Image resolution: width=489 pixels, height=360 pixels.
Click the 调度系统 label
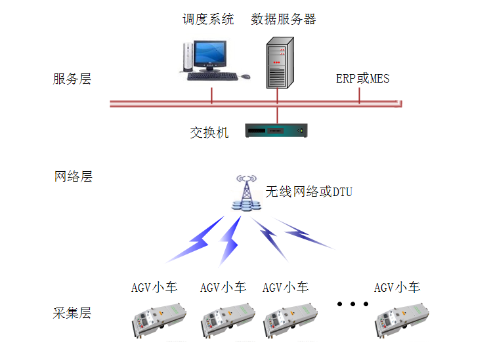[x=208, y=19]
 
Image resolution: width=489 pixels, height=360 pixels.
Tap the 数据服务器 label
[x=283, y=19]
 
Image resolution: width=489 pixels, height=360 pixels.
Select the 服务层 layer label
[x=72, y=79]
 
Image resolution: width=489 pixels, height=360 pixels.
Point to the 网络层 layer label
[x=74, y=176]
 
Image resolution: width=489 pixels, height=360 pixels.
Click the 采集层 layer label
[x=72, y=313]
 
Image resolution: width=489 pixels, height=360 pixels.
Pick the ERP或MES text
[x=363, y=79]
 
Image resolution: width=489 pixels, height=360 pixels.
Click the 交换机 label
[x=209, y=132]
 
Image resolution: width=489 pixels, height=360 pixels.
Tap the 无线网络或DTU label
[x=308, y=191]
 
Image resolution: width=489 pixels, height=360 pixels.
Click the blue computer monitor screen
[x=209, y=53]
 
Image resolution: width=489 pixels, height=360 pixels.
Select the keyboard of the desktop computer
[x=213, y=76]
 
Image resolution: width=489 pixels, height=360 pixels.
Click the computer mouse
[x=245, y=76]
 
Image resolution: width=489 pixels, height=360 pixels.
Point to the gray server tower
[x=280, y=63]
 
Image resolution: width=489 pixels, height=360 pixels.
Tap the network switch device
[x=276, y=130]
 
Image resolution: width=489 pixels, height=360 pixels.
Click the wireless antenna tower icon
[x=246, y=193]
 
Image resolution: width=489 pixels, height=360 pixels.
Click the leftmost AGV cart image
[x=159, y=320]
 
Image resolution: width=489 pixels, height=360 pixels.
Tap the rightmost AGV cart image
[x=402, y=320]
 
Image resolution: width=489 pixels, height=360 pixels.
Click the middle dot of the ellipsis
[x=352, y=304]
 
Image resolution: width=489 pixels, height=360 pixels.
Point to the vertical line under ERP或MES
[x=359, y=95]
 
